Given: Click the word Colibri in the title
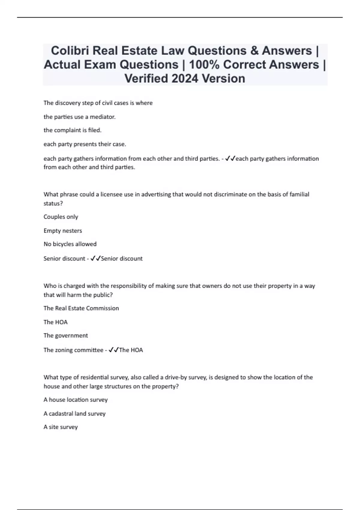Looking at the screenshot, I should [x=70, y=51].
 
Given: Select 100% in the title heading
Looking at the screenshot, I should [x=205, y=64].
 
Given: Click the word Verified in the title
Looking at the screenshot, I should [x=146, y=79].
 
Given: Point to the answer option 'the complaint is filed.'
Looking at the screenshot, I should [x=72, y=130].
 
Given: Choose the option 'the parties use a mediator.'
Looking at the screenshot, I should [x=79, y=117].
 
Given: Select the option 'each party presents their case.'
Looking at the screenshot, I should [x=85, y=144].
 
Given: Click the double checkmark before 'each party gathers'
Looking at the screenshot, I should [x=230, y=158].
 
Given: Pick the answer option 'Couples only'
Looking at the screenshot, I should [x=61, y=217].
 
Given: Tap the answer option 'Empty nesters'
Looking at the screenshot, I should [x=62, y=230].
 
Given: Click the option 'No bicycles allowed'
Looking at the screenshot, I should [x=70, y=244].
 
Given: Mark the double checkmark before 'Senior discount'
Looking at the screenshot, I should [x=95, y=258].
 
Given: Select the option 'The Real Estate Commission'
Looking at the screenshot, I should [x=81, y=308].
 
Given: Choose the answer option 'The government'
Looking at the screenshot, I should [x=65, y=335].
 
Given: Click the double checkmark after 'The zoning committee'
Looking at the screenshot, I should [x=114, y=350].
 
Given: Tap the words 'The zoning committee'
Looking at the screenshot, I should [x=73, y=350].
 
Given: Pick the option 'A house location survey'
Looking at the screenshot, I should [x=75, y=400].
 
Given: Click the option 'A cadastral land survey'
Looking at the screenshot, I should [x=74, y=413].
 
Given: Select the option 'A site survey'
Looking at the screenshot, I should [x=60, y=427].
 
